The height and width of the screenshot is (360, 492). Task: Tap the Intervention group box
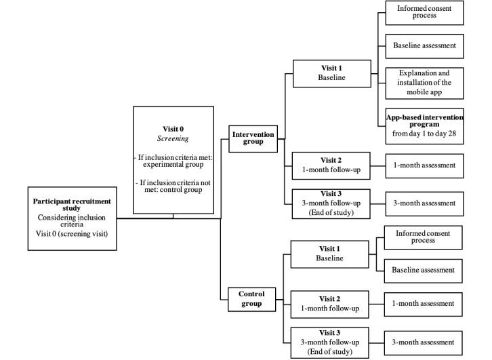point(253,138)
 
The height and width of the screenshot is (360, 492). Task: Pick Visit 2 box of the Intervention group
point(331,165)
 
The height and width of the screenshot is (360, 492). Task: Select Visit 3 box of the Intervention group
point(331,202)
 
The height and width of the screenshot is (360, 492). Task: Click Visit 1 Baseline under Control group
point(330,254)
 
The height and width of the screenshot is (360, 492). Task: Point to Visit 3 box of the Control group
point(330,342)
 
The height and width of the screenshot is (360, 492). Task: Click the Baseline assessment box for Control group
point(423,270)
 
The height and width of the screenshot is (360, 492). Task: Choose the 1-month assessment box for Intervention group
point(424,165)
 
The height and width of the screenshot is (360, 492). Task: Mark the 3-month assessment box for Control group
point(424,342)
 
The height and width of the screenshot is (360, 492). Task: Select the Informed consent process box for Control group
point(423,238)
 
